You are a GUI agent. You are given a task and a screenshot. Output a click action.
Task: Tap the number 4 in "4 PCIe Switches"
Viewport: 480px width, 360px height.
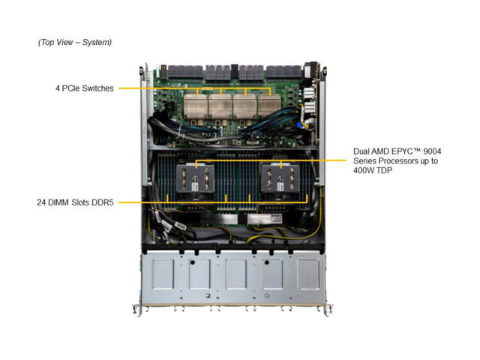(x=58, y=88)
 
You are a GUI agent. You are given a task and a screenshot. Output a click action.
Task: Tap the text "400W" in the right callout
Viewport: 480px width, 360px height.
(x=365, y=172)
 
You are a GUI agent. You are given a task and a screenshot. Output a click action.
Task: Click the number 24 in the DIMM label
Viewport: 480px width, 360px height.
(x=42, y=202)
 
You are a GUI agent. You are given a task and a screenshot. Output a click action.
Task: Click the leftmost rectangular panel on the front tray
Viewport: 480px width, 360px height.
(x=163, y=275)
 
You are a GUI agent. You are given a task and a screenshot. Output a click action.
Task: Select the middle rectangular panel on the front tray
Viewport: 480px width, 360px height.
(x=235, y=275)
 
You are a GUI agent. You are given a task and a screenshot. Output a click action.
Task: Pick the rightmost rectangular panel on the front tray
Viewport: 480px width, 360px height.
(x=308, y=275)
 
